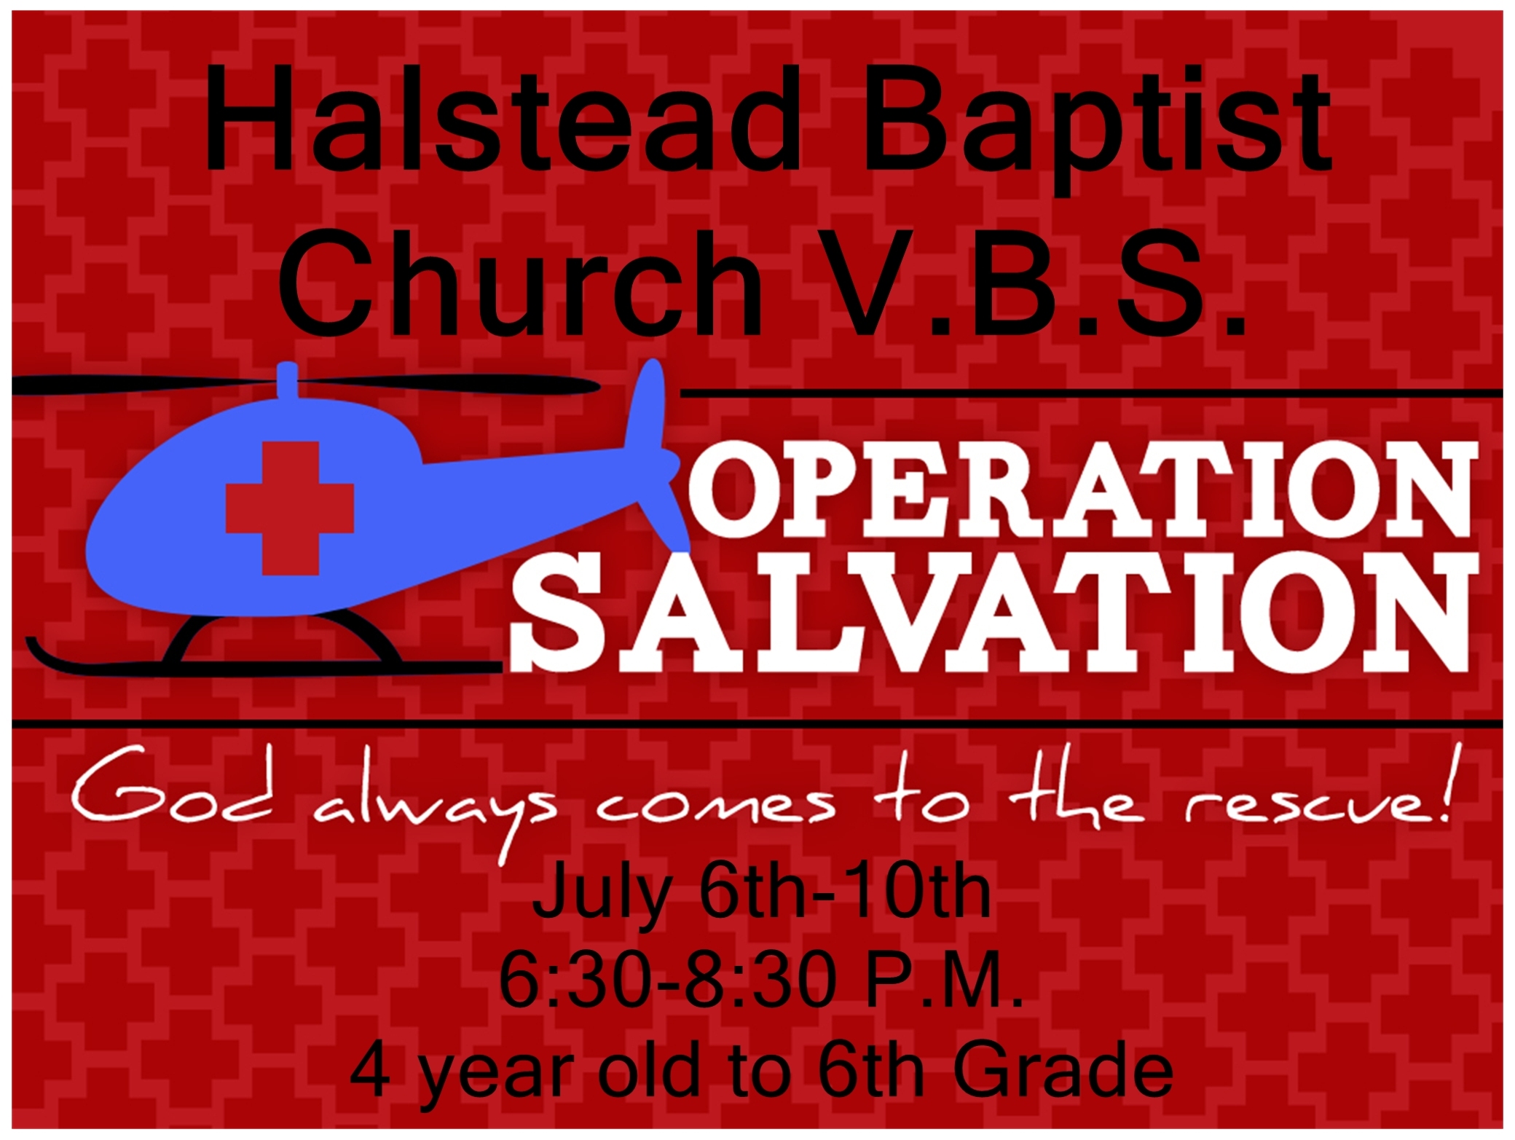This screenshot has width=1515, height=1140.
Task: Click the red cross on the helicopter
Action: [290, 508]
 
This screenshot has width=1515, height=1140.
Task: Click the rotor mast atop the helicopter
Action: [288, 380]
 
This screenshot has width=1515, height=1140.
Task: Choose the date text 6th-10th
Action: [845, 892]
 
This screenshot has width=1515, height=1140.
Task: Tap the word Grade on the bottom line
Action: [1063, 1070]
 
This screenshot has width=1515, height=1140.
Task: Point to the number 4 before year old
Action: [370, 1070]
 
